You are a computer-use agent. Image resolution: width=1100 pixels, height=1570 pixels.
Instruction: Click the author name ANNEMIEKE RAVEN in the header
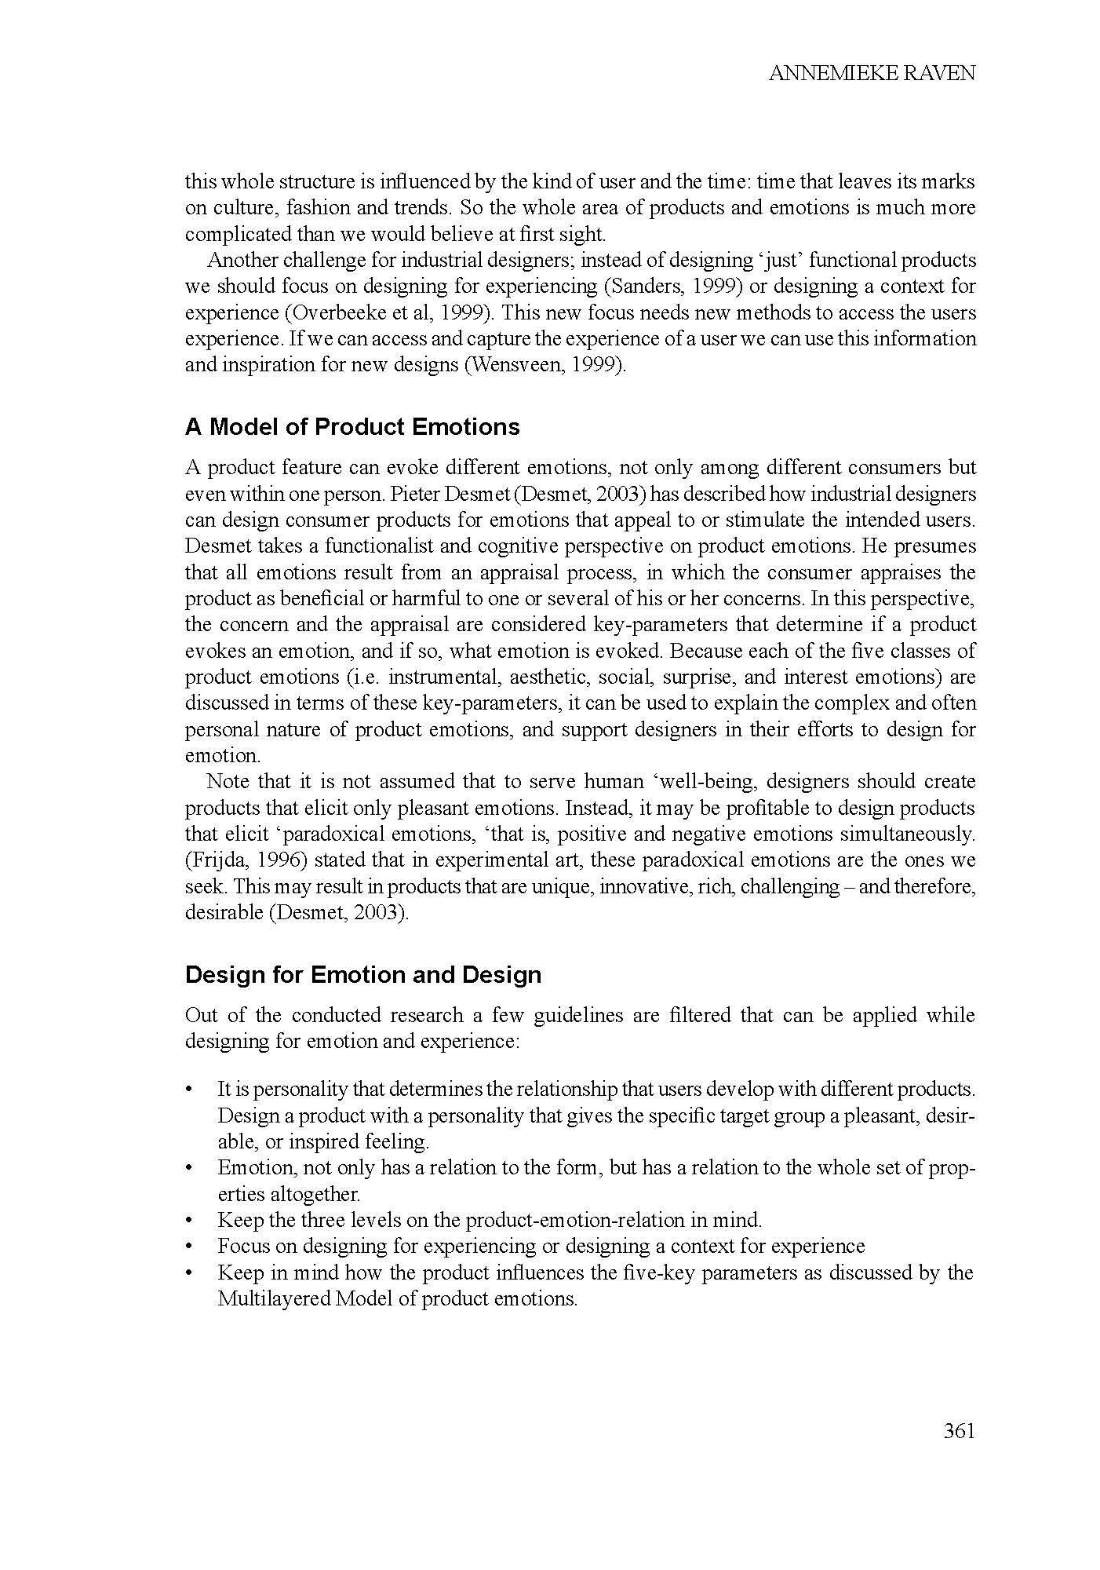click(x=872, y=74)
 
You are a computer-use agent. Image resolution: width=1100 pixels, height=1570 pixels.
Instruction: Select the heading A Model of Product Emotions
click(x=352, y=427)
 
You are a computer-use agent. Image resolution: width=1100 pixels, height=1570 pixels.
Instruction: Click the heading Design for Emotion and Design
click(x=363, y=975)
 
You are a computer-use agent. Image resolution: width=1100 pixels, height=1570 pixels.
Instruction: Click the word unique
click(x=566, y=887)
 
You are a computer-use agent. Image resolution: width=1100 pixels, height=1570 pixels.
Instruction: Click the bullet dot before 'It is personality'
click(x=189, y=1090)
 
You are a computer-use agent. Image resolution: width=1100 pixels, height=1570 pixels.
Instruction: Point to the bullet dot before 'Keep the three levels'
click(x=189, y=1221)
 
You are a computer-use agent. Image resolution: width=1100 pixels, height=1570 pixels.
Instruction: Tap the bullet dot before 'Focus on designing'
click(x=189, y=1247)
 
